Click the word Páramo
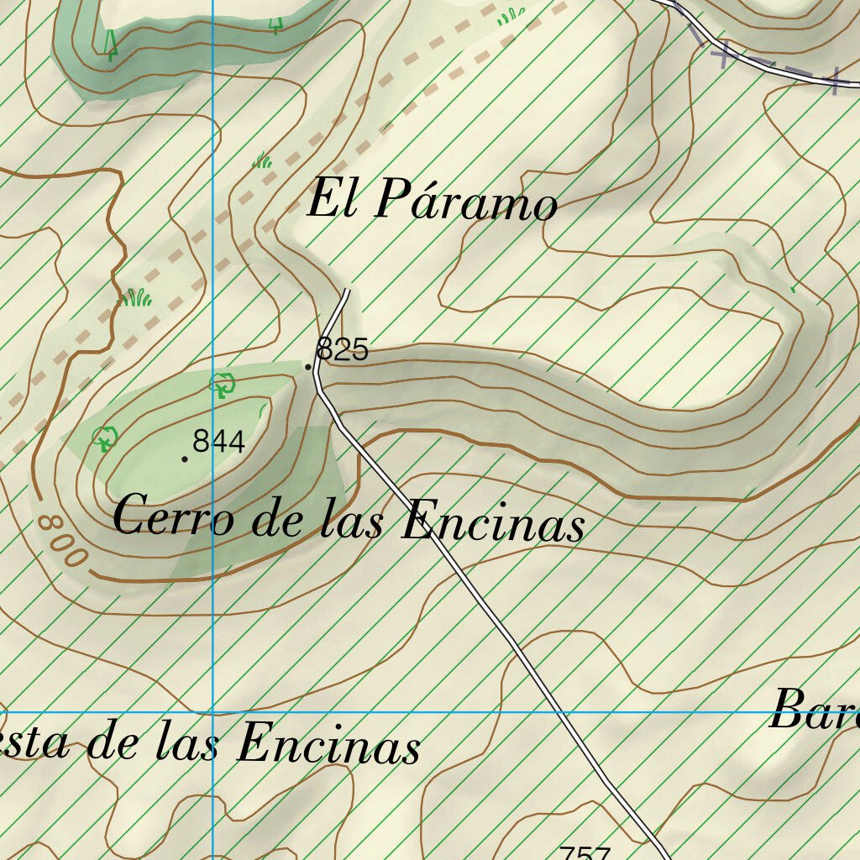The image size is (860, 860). [x=465, y=202]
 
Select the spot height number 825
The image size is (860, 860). [x=343, y=349]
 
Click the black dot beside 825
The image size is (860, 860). [x=308, y=367]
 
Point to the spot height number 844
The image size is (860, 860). [x=218, y=441]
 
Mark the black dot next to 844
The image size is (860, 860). [x=185, y=459]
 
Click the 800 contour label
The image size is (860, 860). [x=63, y=540]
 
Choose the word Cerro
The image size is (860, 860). [x=174, y=516]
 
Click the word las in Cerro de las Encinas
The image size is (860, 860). [x=353, y=521]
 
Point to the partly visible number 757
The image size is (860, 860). [x=585, y=852]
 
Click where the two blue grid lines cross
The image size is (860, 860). [x=212, y=712]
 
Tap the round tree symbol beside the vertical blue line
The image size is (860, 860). [x=222, y=385]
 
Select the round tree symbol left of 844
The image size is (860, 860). [x=104, y=438]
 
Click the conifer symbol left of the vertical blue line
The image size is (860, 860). [x=111, y=44]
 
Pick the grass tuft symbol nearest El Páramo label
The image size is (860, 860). [x=263, y=160]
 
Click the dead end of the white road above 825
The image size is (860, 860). [x=346, y=291]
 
